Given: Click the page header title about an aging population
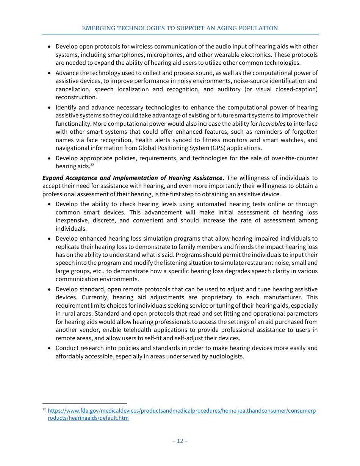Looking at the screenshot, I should coord(180,28).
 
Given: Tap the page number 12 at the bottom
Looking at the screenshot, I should coord(180,441).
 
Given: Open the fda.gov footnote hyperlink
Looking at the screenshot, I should coord(182,411).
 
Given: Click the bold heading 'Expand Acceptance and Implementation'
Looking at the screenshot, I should coord(132,178).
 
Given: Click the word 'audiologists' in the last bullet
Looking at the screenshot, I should coord(226,357).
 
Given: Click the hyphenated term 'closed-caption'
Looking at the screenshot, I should coord(296,89).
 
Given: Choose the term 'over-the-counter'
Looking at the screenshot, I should coord(294,158).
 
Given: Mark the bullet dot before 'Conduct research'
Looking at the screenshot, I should coord(49,349).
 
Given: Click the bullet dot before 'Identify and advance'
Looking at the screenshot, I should coord(49,108).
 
